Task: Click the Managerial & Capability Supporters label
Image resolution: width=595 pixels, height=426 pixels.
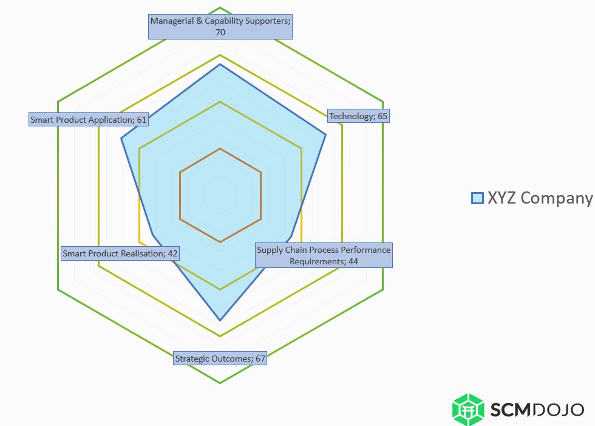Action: pos(220,27)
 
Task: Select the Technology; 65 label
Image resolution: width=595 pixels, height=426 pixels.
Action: pos(358,116)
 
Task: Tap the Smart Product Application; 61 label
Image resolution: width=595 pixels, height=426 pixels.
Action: pos(88,120)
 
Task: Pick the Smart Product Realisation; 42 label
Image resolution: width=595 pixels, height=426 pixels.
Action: pos(120,253)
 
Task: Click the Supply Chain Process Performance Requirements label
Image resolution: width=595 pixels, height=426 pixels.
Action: pos(324,255)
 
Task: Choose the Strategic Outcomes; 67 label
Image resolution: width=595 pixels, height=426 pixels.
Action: pos(220,359)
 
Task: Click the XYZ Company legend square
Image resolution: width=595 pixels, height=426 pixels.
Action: pos(477,198)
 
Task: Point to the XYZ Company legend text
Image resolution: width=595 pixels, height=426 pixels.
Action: pos(540,198)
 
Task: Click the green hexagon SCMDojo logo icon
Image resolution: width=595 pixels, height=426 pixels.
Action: pos(468,410)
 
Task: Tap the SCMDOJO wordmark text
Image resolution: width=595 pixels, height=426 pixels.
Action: pos(537,410)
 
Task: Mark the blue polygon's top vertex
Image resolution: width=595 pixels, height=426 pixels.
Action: pos(220,64)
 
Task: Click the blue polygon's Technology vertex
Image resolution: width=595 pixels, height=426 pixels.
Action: pos(325,134)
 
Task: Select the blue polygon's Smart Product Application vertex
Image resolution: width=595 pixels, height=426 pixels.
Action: pos(121,139)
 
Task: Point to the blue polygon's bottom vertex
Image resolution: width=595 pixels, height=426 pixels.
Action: pos(220,320)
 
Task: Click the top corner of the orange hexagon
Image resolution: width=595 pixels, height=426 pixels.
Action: pos(220,149)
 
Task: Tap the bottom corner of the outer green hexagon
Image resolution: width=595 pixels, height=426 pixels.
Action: pos(220,383)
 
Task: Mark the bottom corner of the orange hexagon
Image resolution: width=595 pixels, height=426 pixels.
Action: pos(220,242)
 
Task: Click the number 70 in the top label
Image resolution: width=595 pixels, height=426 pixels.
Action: pos(220,32)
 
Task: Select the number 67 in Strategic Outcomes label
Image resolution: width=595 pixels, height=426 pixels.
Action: pos(260,359)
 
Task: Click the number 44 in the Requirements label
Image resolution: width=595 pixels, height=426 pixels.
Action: pos(353,261)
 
